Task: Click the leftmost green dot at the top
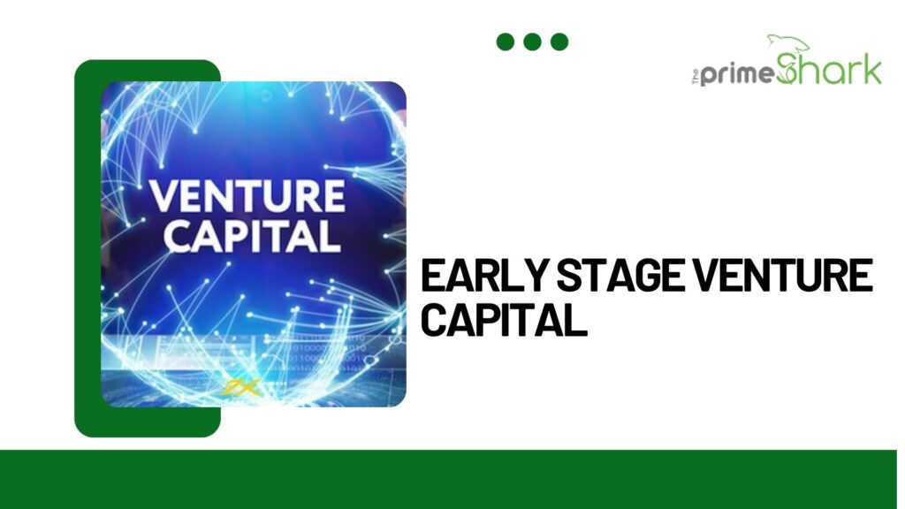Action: pyautogui.click(x=505, y=42)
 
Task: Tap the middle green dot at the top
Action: pyautogui.click(x=532, y=42)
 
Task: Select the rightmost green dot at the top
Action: pyautogui.click(x=559, y=42)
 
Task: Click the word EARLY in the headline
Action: pyautogui.click(x=484, y=276)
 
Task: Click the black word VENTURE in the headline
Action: pyautogui.click(x=783, y=276)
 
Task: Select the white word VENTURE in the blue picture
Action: pyautogui.click(x=247, y=196)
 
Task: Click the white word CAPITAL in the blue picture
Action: pyautogui.click(x=252, y=235)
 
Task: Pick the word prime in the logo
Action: pyautogui.click(x=737, y=74)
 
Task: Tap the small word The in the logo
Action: pyautogui.click(x=696, y=76)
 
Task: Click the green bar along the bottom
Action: pyautogui.click(x=448, y=479)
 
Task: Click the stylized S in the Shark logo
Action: pyautogui.click(x=788, y=68)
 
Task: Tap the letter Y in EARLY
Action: pyautogui.click(x=535, y=276)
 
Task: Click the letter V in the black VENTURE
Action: pyautogui.click(x=705, y=276)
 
